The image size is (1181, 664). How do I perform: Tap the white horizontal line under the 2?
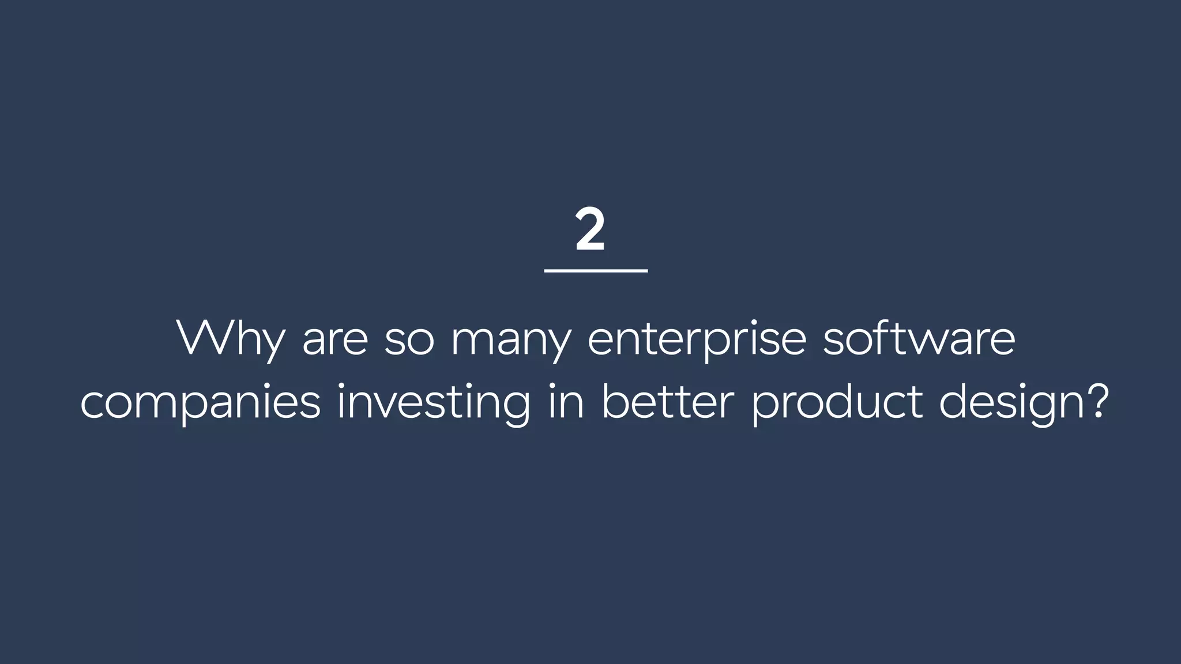596,270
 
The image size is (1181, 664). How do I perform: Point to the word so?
409,341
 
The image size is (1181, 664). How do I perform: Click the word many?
511,341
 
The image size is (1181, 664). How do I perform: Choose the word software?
919,338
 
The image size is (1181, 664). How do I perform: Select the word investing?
433,402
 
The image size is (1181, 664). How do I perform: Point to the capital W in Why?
206,338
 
